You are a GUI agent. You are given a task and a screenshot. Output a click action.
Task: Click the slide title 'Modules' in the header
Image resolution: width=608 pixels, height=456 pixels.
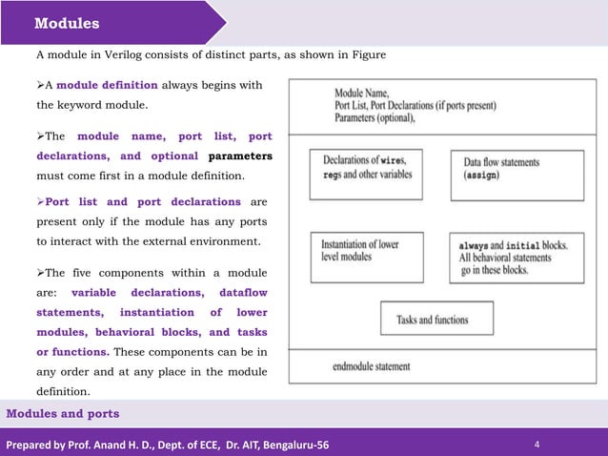click(67, 23)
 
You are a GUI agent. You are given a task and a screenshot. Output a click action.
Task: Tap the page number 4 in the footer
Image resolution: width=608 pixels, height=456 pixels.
click(537, 445)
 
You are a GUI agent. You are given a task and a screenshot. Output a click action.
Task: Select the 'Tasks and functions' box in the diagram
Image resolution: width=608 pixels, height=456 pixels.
click(437, 320)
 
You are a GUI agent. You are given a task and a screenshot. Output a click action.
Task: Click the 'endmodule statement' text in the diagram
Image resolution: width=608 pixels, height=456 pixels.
click(372, 366)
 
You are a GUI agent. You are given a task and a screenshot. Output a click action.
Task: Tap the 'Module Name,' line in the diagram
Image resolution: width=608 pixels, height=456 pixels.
click(361, 94)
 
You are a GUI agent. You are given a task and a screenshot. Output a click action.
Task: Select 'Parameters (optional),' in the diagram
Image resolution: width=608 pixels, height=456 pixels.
click(375, 118)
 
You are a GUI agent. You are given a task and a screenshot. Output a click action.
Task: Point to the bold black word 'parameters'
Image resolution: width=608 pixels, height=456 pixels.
click(240, 155)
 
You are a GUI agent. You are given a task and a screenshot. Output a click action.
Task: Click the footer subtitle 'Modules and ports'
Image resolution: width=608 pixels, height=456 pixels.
click(63, 413)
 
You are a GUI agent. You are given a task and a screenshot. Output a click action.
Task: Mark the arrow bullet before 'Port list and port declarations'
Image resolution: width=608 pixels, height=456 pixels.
click(40, 202)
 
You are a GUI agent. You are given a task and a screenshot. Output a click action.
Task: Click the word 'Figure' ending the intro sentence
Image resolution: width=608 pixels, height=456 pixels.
click(367, 55)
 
